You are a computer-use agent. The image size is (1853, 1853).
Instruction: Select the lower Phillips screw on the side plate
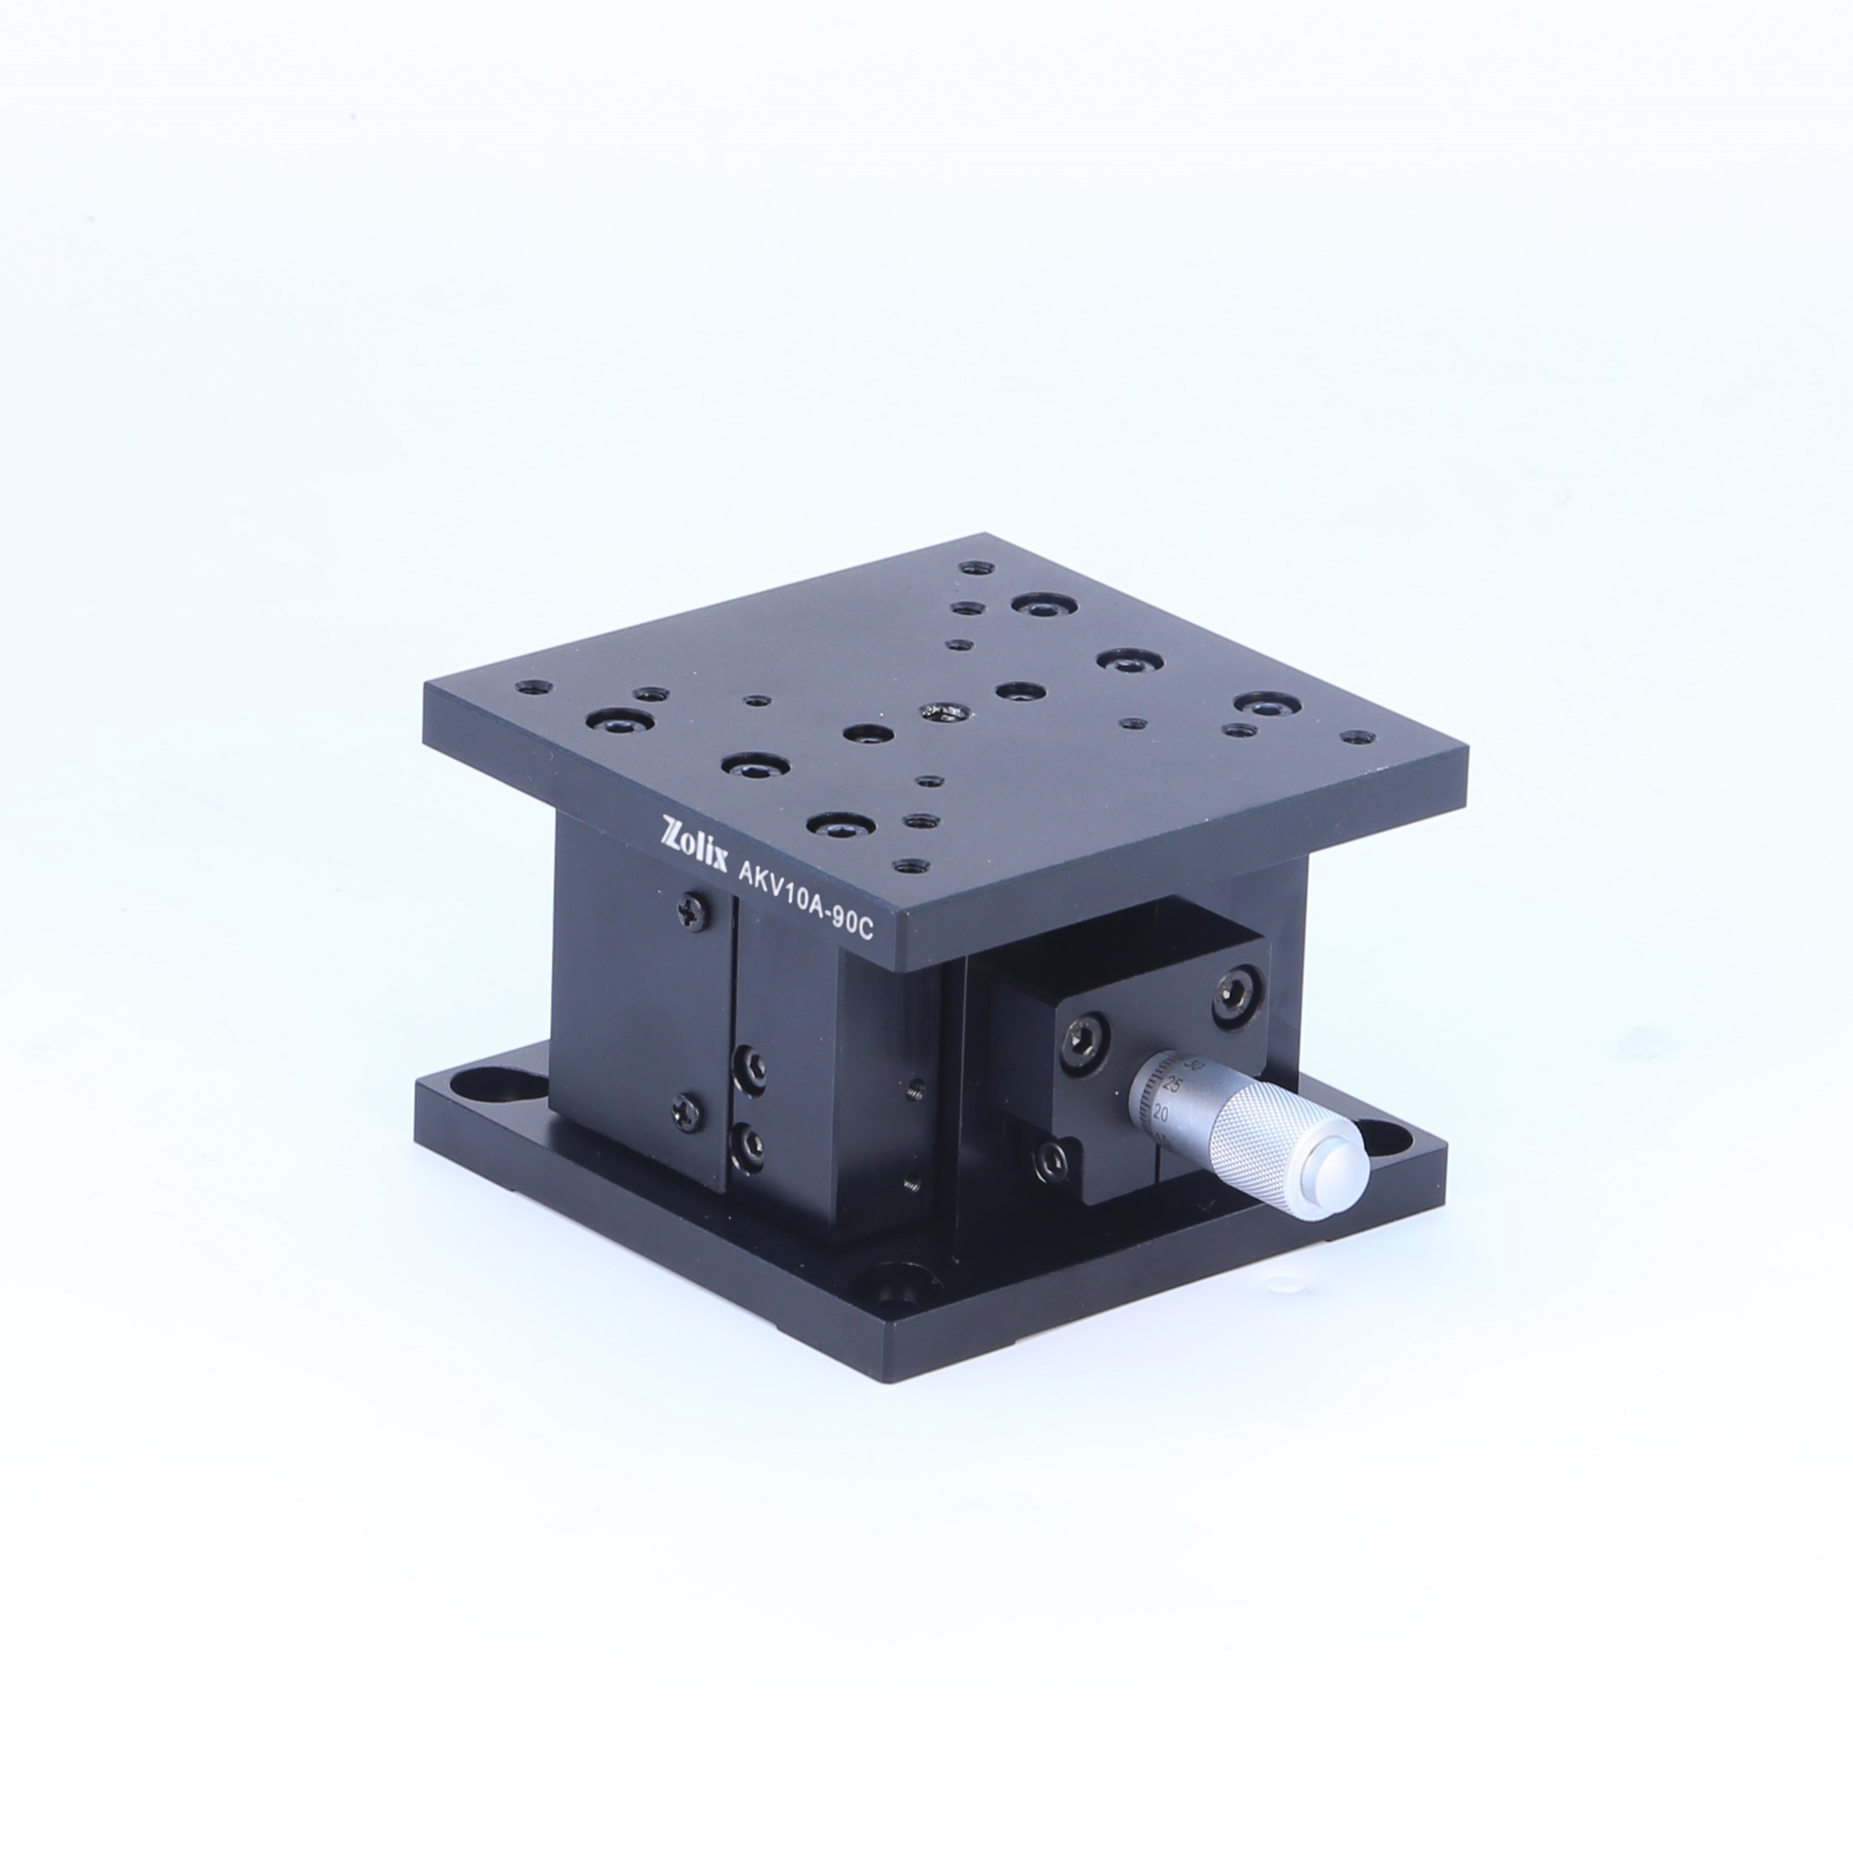(688, 1111)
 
